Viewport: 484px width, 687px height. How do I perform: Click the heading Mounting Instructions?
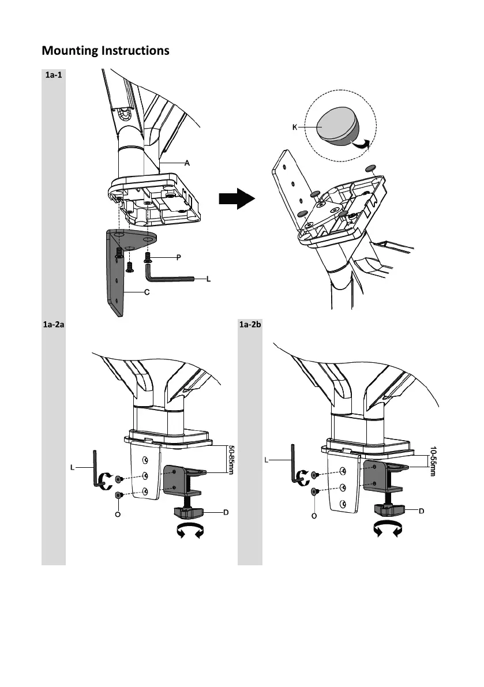coord(106,51)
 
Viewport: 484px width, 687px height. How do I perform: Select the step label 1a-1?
coord(54,75)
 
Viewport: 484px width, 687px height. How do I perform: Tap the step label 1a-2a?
coord(54,325)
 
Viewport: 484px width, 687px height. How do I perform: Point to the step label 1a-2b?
coord(250,325)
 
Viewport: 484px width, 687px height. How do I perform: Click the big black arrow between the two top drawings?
coord(237,198)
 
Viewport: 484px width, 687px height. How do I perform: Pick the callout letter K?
coord(295,127)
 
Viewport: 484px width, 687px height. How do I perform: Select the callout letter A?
coord(187,163)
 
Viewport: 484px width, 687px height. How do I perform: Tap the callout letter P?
coord(178,257)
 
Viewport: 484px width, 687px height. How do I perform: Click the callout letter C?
coord(147,292)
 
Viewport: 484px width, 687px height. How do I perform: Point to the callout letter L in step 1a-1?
coord(208,279)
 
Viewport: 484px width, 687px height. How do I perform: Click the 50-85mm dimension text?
coord(231,460)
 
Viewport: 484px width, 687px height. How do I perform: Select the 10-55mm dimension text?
coord(433,461)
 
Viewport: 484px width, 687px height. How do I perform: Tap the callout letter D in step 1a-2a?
coord(226,512)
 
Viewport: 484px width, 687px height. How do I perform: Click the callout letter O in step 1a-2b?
coord(314,516)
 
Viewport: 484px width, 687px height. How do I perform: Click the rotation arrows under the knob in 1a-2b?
coord(388,529)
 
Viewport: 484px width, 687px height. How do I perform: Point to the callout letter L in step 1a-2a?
coord(72,467)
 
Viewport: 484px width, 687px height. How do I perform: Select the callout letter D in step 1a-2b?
coord(421,511)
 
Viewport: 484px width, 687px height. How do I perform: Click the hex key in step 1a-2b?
coord(294,464)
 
